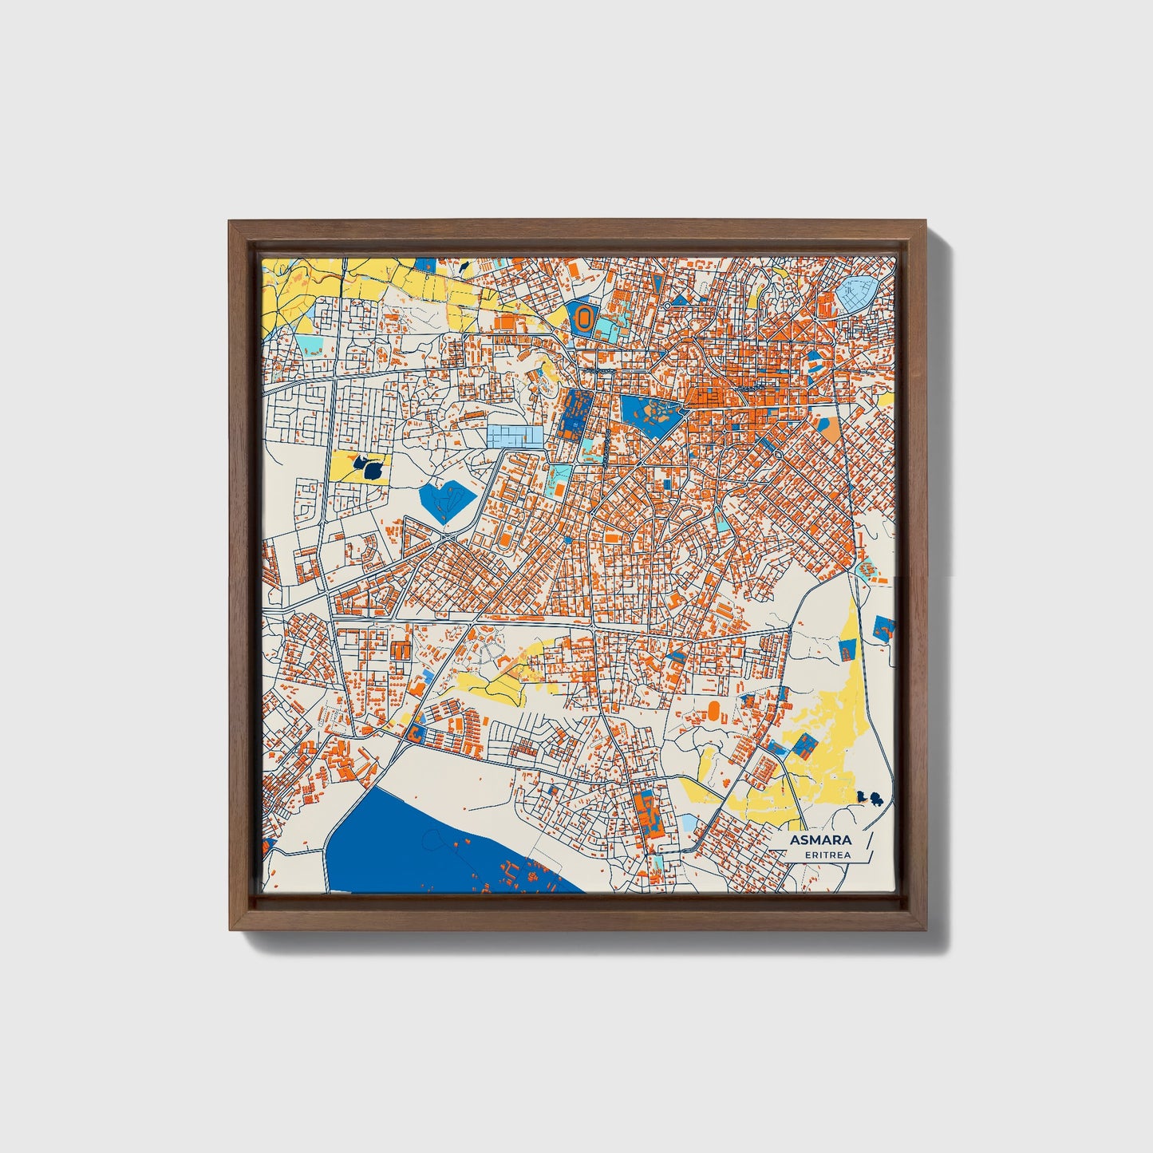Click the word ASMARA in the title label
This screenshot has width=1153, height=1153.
(820, 840)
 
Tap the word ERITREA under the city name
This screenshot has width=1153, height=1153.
(827, 855)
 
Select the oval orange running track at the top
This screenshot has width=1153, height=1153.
(584, 318)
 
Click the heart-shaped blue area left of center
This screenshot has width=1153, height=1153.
(445, 500)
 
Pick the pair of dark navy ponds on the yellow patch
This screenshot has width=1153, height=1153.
(366, 468)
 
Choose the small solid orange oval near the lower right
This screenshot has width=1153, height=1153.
(713, 708)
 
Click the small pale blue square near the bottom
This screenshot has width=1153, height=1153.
(689, 822)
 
